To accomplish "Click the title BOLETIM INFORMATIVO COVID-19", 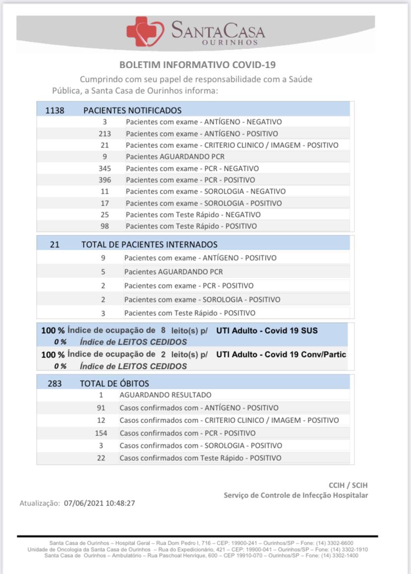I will pos(198,65).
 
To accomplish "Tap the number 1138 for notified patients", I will pos(55,110).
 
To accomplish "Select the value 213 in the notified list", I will pos(105,134).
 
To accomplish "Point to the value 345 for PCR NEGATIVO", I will pos(105,168).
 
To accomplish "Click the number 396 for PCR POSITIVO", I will pos(105,180).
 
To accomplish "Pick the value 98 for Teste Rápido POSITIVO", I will pos(105,226).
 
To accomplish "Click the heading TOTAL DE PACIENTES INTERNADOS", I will pos(149,244).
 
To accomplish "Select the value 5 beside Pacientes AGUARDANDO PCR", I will pos(103,272).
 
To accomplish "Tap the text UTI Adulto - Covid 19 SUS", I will pos(267,330).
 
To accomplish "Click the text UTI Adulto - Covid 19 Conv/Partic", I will pos(281,355).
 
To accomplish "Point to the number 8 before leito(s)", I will pos(163,330).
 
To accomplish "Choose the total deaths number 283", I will pos(55,383).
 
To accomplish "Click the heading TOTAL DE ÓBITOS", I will pos(114,383).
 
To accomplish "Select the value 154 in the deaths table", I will pos(101,433).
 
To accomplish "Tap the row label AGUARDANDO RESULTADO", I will pos(165,395).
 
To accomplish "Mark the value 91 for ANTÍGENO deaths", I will pos(101,408).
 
